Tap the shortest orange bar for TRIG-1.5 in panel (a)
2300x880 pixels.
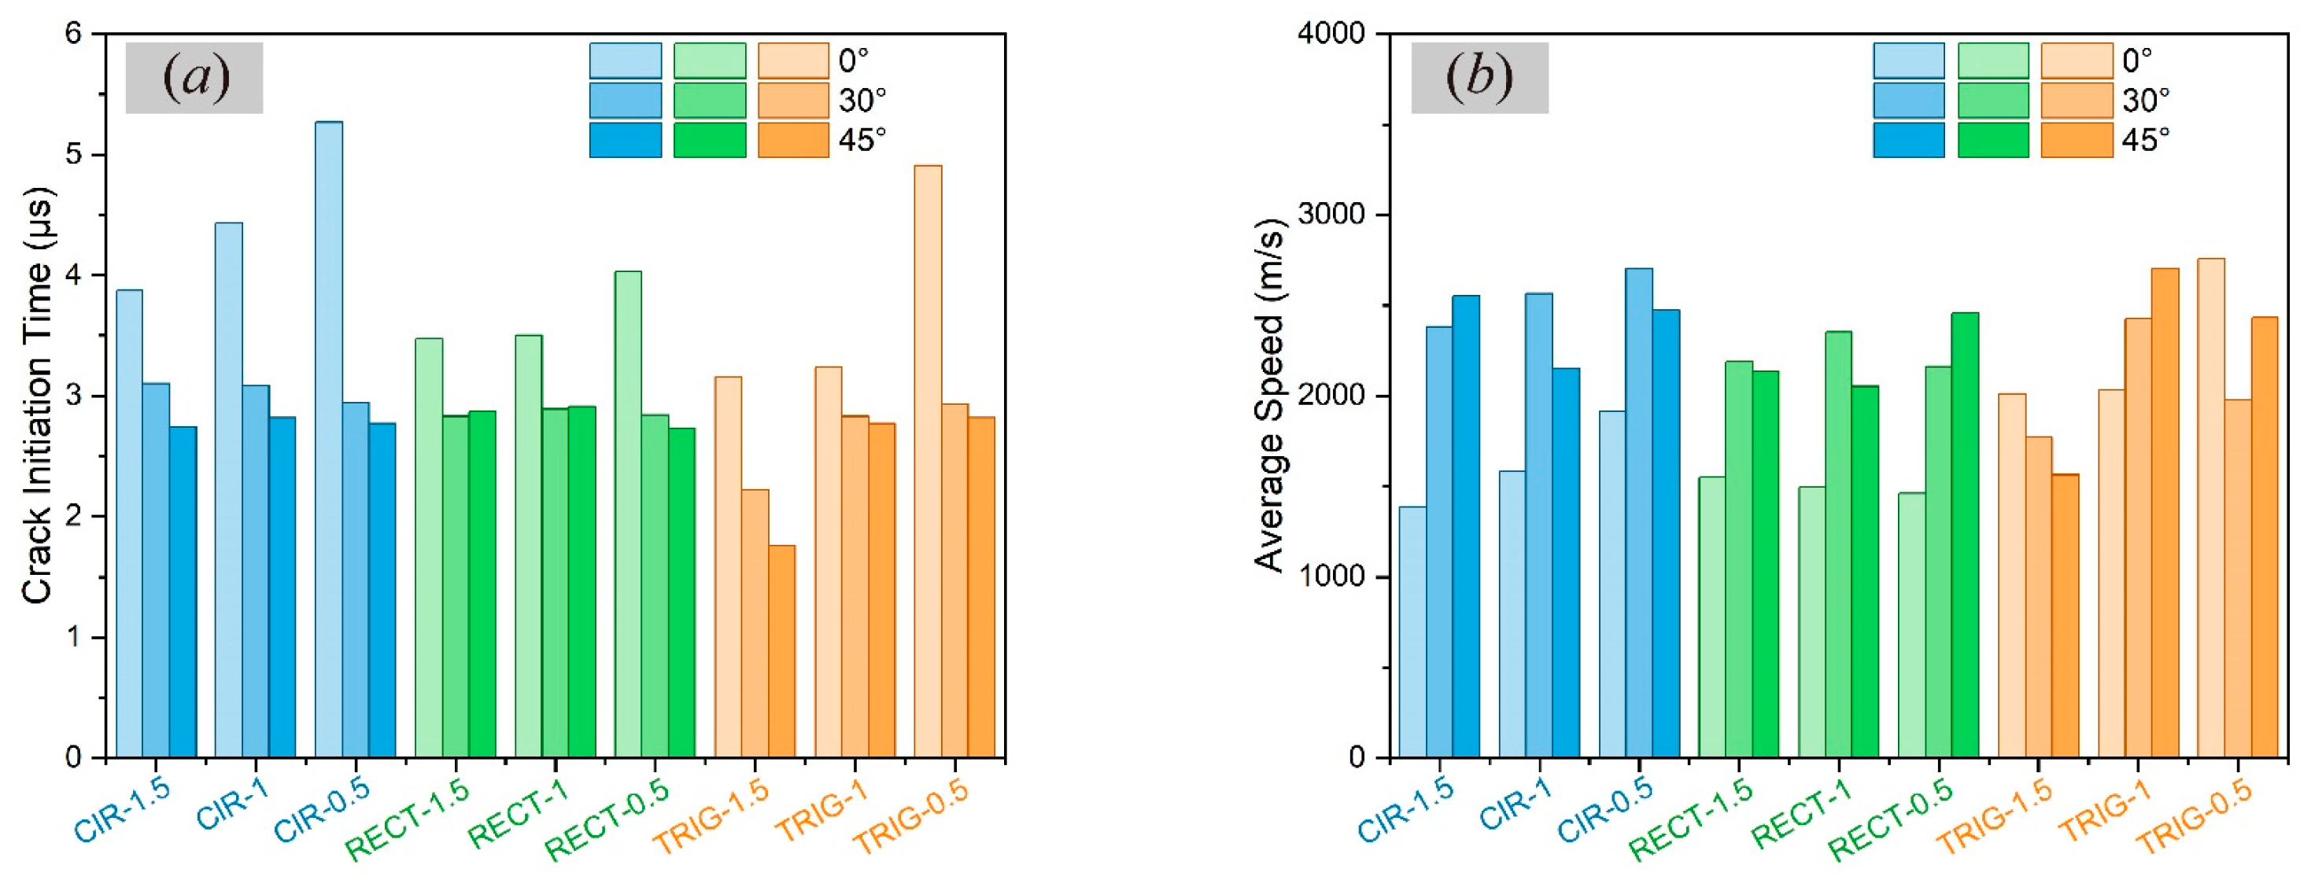[x=782, y=651]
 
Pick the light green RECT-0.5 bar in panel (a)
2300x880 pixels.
[x=628, y=514]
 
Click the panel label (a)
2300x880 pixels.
[x=194, y=78]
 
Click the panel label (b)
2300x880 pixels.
[x=1479, y=78]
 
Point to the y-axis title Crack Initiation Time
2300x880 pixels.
[x=38, y=396]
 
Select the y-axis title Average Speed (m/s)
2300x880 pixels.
[x=1270, y=396]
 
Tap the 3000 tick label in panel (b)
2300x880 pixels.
[x=1331, y=215]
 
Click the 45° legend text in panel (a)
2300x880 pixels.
[x=862, y=140]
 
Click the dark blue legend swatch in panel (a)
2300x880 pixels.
[x=625, y=140]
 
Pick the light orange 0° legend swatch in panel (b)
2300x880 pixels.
[x=2077, y=61]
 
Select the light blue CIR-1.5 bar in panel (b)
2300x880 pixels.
[x=1412, y=632]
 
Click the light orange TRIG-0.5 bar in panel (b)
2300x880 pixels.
[x=2211, y=508]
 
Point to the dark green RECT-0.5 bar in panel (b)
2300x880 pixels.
[x=1965, y=535]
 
